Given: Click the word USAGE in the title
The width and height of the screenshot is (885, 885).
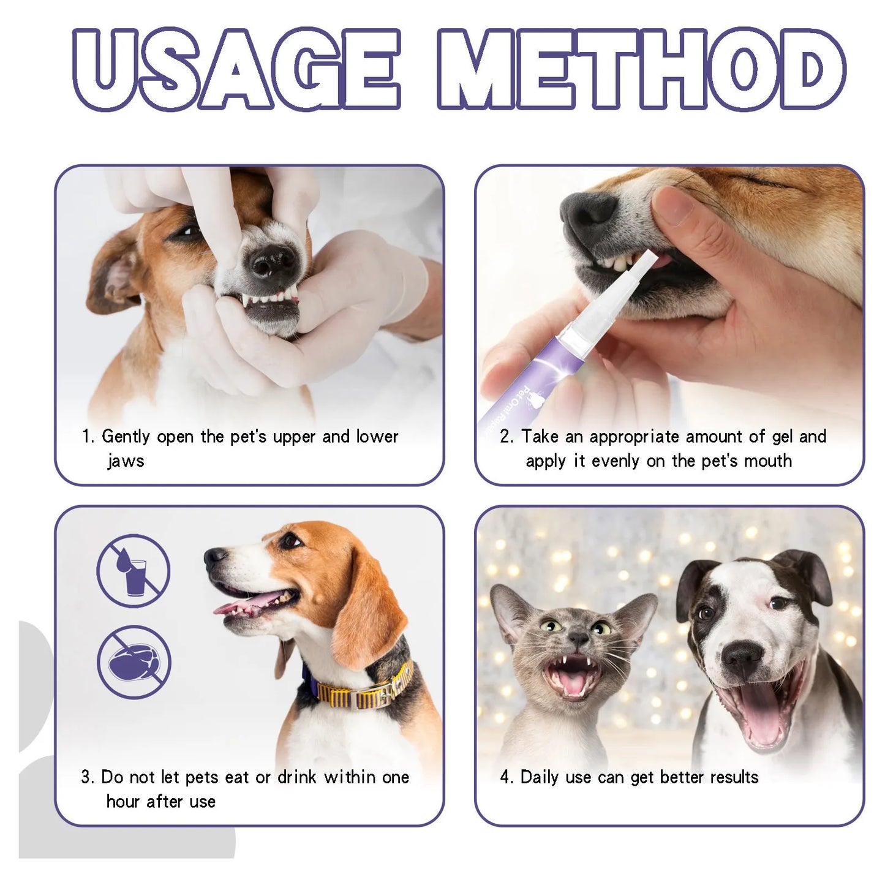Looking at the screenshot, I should (236, 69).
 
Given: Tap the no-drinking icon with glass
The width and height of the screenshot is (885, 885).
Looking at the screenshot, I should (134, 570).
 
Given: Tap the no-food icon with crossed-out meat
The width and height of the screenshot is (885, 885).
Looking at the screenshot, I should (134, 662).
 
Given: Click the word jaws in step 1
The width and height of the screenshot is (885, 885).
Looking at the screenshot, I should (126, 461).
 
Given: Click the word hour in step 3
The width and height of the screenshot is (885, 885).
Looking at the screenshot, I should (124, 801).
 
